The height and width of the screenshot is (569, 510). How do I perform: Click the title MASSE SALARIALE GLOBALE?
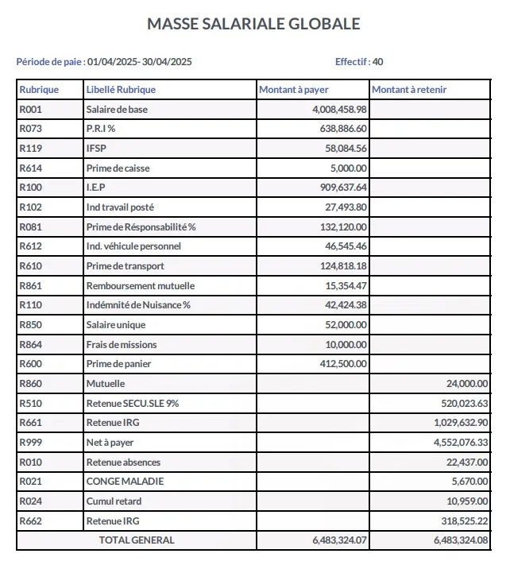click(x=253, y=24)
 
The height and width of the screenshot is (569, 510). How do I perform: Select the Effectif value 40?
click(x=378, y=61)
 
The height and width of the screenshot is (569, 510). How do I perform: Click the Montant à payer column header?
click(x=294, y=90)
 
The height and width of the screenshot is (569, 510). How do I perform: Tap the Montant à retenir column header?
click(x=409, y=90)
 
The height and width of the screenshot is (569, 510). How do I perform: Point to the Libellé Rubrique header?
click(x=121, y=90)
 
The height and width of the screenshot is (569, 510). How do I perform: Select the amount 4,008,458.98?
click(x=340, y=110)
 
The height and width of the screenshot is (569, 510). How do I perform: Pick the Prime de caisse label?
click(x=118, y=168)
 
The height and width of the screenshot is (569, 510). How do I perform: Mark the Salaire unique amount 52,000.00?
click(x=349, y=325)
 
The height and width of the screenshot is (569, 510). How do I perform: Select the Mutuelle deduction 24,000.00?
click(x=468, y=384)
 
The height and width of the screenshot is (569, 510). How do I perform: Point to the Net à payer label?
click(x=110, y=443)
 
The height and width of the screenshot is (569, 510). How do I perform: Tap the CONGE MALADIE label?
click(x=119, y=482)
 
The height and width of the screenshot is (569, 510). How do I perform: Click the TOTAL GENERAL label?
click(x=136, y=540)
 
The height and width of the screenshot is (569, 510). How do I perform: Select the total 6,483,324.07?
click(x=340, y=540)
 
